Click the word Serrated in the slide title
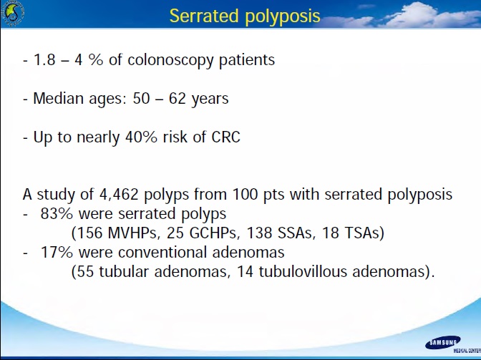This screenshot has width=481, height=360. pyautogui.click(x=204, y=15)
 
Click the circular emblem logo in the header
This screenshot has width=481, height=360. pyautogui.click(x=12, y=13)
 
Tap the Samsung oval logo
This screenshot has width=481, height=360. pyautogui.click(x=442, y=343)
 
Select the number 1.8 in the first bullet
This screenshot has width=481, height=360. pyautogui.click(x=44, y=59)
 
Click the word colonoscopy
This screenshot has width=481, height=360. pyautogui.click(x=170, y=61)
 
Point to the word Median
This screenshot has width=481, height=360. pyautogui.click(x=58, y=98)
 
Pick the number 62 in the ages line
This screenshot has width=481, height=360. pyautogui.click(x=178, y=99)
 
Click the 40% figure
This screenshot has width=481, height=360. pyautogui.click(x=141, y=137)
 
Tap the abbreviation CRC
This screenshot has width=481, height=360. pyautogui.click(x=225, y=137)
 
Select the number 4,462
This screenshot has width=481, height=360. pyautogui.click(x=119, y=195)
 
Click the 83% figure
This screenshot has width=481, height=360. pyautogui.click(x=57, y=214)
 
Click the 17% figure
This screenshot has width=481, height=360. pyautogui.click(x=57, y=253)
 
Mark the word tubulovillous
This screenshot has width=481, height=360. pyautogui.click(x=303, y=272)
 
